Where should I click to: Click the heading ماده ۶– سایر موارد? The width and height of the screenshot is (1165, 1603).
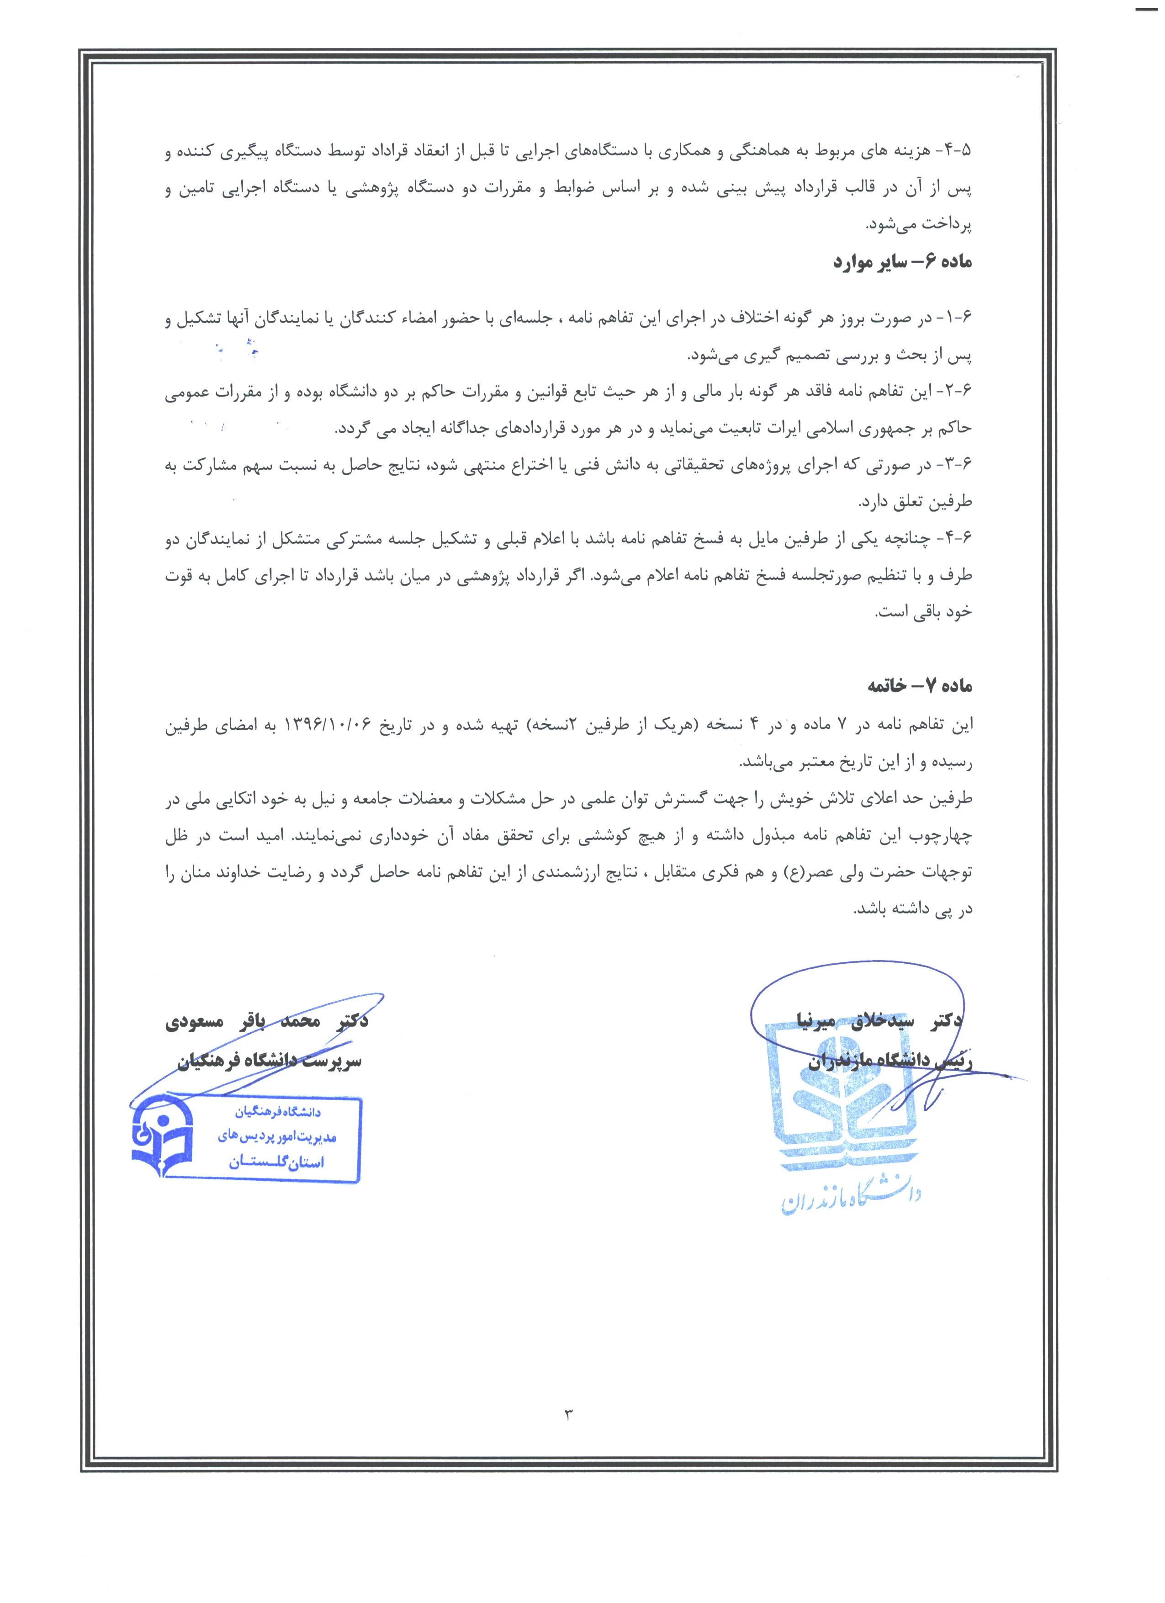pos(902,263)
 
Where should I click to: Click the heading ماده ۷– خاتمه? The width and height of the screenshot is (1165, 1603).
pos(920,686)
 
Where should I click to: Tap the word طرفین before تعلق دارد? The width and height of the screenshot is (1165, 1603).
pos(951,502)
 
